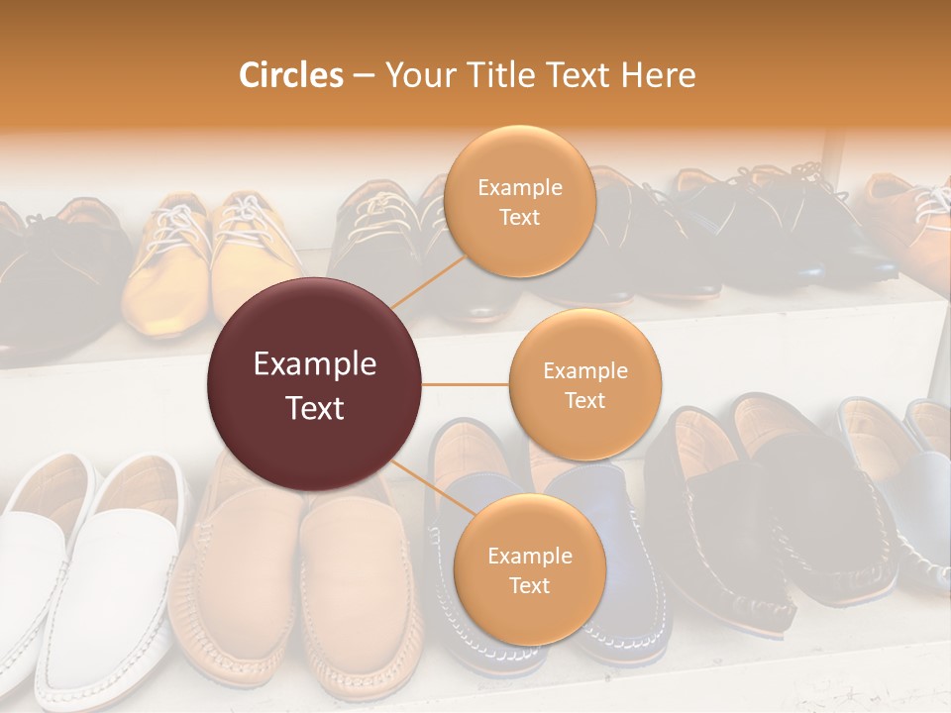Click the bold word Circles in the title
[x=291, y=75]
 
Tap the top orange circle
[x=519, y=201]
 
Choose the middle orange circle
[x=584, y=384]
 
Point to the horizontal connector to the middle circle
[x=465, y=384]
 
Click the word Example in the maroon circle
[x=315, y=364]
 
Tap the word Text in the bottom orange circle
[x=529, y=585]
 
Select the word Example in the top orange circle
[x=519, y=187]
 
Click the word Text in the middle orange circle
[x=584, y=400]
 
